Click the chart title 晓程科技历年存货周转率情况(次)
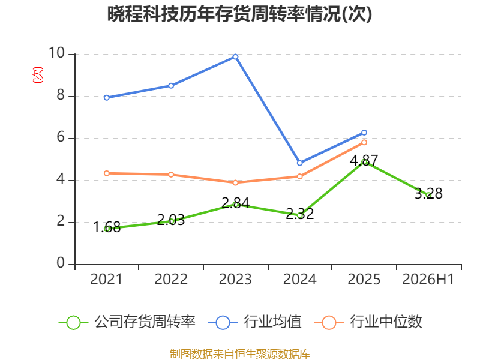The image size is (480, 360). pyautogui.click(x=239, y=14)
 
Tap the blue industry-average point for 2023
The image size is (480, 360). pyautogui.click(x=235, y=56)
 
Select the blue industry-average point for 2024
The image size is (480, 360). pyautogui.click(x=299, y=163)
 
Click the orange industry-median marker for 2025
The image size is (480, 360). pyautogui.click(x=364, y=142)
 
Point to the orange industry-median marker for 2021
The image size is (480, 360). pyautogui.click(x=107, y=173)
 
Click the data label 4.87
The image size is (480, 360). pyautogui.click(x=364, y=160)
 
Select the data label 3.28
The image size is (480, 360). pyautogui.click(x=428, y=193)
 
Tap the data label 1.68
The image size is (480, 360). pyautogui.click(x=107, y=227)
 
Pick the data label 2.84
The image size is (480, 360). pyautogui.click(x=235, y=203)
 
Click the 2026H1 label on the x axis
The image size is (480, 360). pyautogui.click(x=428, y=280)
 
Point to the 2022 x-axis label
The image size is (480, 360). pyautogui.click(x=171, y=280)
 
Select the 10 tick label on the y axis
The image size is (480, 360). pyautogui.click(x=56, y=53)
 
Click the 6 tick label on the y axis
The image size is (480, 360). pyautogui.click(x=61, y=137)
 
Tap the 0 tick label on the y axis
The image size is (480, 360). pyautogui.click(x=61, y=263)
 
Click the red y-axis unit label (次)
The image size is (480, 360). pyautogui.click(x=38, y=74)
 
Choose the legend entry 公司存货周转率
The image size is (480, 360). pyautogui.click(x=127, y=322)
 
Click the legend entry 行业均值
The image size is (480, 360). pyautogui.click(x=254, y=322)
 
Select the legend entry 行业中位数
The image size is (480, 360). pyautogui.click(x=368, y=322)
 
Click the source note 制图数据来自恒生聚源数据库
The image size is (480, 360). pyautogui.click(x=240, y=354)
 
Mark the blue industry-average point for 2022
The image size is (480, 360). pyautogui.click(x=171, y=86)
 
